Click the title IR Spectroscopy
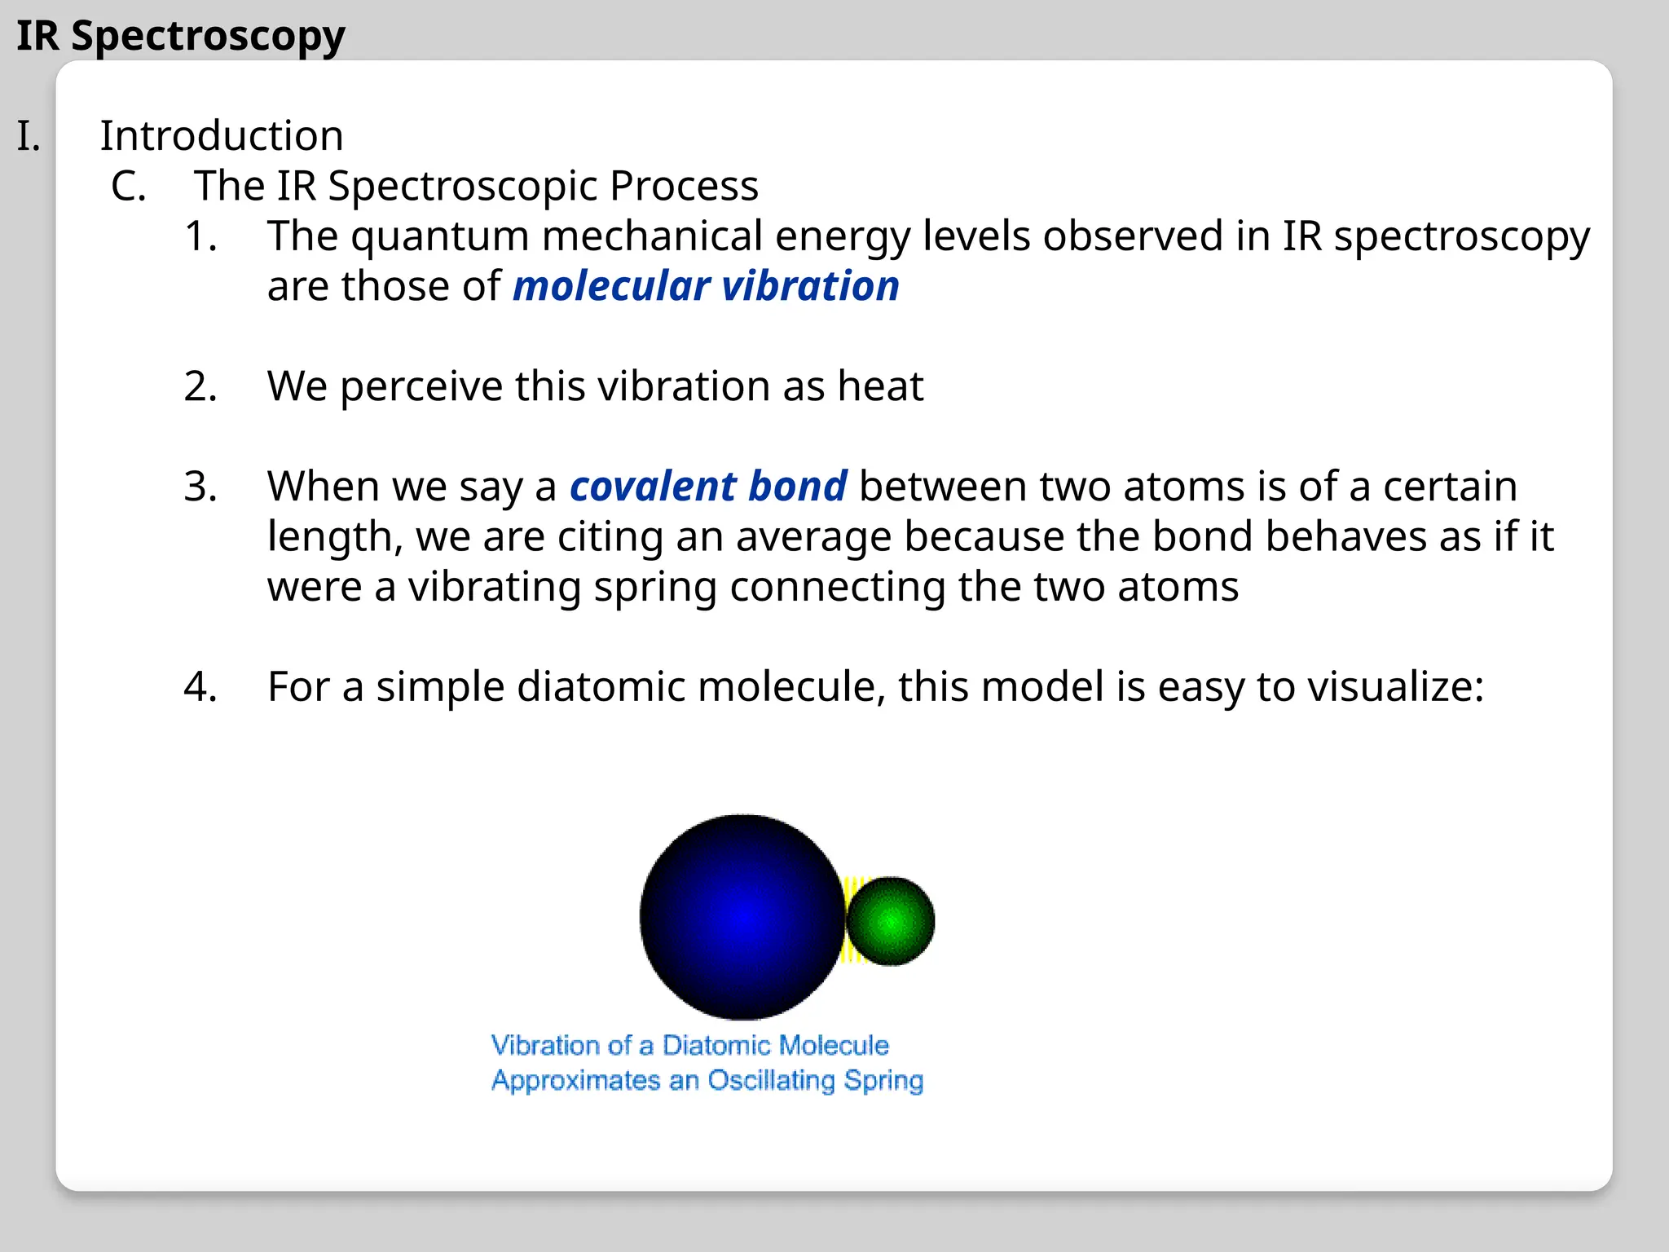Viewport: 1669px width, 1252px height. tap(181, 36)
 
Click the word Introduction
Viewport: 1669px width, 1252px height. tap(222, 135)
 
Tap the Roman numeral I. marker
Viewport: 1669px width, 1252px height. tap(29, 135)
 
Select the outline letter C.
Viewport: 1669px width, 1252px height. tap(129, 186)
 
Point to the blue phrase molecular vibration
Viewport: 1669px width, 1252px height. tap(706, 286)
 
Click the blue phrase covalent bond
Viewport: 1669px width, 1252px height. tap(708, 487)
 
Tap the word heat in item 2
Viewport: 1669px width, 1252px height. tap(880, 386)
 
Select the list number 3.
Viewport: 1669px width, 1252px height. tap(200, 487)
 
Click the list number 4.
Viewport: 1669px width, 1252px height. tap(200, 686)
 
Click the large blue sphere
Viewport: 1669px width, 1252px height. tap(741, 917)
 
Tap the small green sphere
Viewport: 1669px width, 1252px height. tap(891, 921)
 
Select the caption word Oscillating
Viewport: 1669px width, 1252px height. tap(771, 1081)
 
